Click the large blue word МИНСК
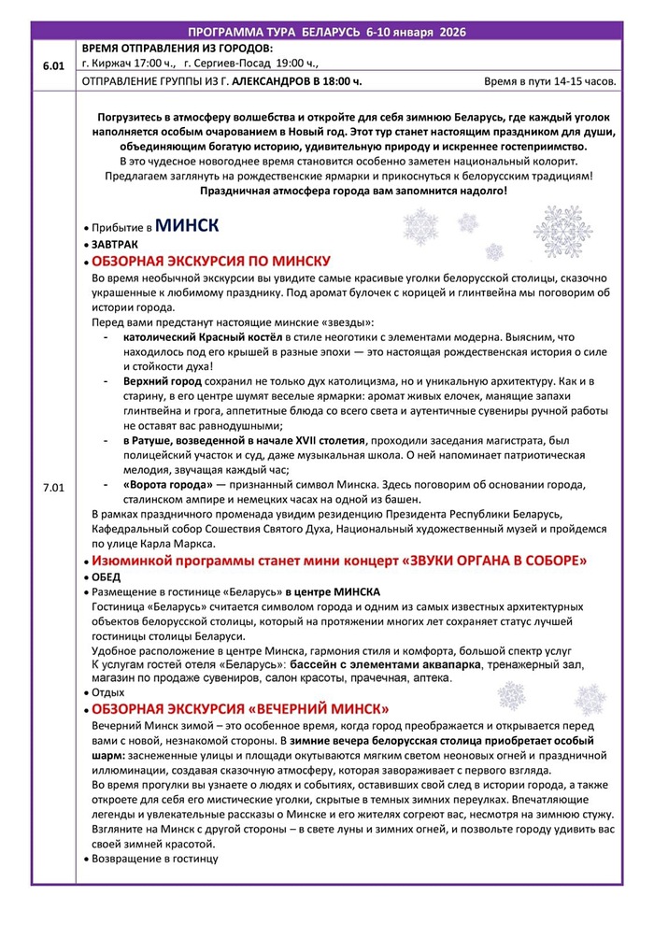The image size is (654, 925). [x=187, y=225]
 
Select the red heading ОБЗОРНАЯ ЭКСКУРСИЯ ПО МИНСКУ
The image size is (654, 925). [x=211, y=261]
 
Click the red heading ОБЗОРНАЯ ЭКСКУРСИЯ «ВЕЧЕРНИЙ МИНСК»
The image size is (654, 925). [x=240, y=709]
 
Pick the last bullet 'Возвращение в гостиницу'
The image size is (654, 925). [x=154, y=859]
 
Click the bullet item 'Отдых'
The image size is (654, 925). [x=107, y=692]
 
